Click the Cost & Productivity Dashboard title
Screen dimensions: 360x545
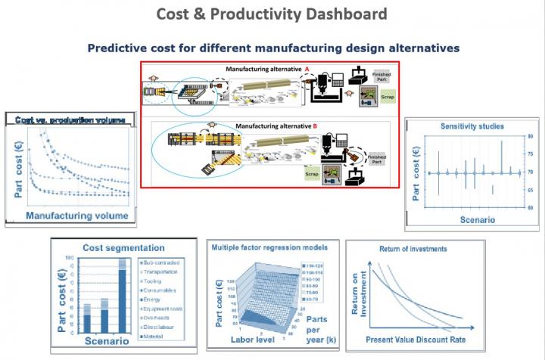tap(272, 14)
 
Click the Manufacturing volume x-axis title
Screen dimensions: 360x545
tap(77, 216)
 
